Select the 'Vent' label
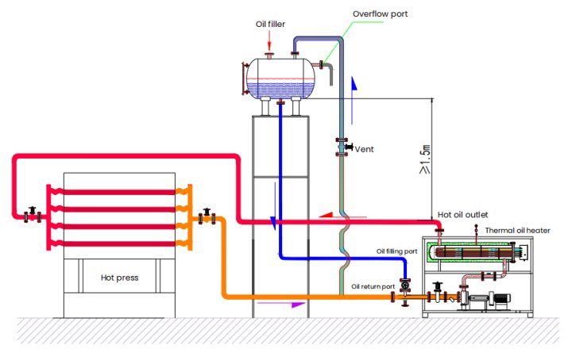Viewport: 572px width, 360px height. point(364,149)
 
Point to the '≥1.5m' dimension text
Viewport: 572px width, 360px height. point(426,159)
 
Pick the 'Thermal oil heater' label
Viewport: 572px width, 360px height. point(517,230)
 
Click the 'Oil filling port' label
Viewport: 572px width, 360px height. point(396,251)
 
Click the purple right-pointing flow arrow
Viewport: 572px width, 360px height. point(292,304)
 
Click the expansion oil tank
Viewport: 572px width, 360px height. point(279,78)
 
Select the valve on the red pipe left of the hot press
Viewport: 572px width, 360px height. point(32,214)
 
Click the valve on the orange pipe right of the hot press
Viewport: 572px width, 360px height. point(207,215)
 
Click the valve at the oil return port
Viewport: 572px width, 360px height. point(406,284)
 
